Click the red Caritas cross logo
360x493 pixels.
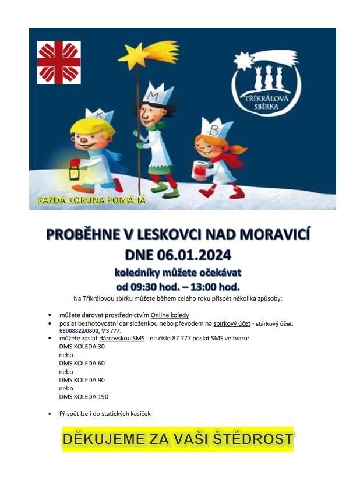[59, 62]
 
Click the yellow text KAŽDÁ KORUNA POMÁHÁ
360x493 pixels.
[91, 200]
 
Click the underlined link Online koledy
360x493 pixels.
[170, 315]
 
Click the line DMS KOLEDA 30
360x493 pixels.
[82, 347]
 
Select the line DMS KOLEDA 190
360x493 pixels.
[83, 396]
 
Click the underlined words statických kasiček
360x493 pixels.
[126, 414]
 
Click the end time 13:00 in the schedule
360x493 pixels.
[210, 286]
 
